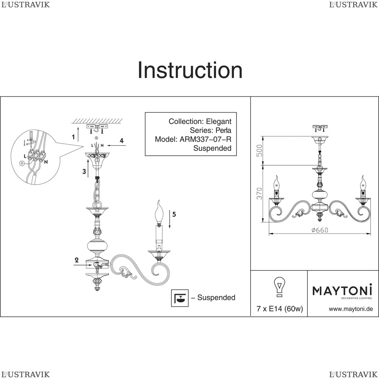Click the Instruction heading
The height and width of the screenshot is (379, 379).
click(x=190, y=70)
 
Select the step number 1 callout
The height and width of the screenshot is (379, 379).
click(x=73, y=137)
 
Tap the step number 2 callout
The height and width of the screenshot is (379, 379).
click(x=77, y=260)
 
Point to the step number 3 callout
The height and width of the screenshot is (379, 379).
click(x=84, y=171)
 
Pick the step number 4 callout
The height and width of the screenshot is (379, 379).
click(x=122, y=141)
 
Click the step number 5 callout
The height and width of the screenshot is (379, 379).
click(x=174, y=214)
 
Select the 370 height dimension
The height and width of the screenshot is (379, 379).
click(x=260, y=193)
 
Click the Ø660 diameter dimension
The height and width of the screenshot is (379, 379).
click(x=319, y=230)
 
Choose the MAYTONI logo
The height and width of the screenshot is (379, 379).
click(x=342, y=291)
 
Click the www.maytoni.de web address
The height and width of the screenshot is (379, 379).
click(x=351, y=309)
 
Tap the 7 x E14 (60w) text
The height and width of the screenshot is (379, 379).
click(x=280, y=309)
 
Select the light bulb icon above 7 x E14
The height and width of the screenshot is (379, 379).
click(x=279, y=287)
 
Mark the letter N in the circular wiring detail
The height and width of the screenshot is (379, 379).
click(x=46, y=162)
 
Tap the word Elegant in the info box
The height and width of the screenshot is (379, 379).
click(x=218, y=122)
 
